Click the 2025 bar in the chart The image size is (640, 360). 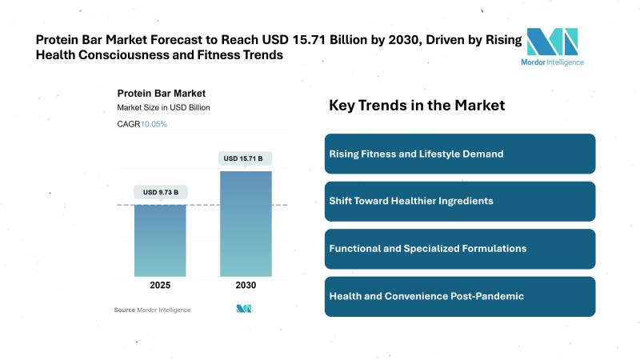pyautogui.click(x=160, y=241)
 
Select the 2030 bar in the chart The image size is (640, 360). pyautogui.click(x=246, y=224)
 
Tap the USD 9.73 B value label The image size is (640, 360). pyautogui.click(x=160, y=192)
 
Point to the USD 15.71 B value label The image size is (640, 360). pyautogui.click(x=246, y=158)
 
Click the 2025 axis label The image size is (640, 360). pyautogui.click(x=160, y=285)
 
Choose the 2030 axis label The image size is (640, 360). pyautogui.click(x=246, y=285)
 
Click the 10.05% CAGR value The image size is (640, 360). pyautogui.click(x=154, y=124)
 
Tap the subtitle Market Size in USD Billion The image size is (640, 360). pyautogui.click(x=163, y=107)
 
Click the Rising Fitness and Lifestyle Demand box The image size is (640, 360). pyautogui.click(x=460, y=154)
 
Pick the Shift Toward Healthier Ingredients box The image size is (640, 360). pyautogui.click(x=460, y=201)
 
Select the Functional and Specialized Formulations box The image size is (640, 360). pyautogui.click(x=460, y=249)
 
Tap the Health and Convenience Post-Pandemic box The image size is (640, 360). pyautogui.click(x=460, y=296)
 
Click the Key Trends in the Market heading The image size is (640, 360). pyautogui.click(x=417, y=106)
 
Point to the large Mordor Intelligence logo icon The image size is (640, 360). pyautogui.click(x=551, y=41)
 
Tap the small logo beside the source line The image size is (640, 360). pyautogui.click(x=244, y=309)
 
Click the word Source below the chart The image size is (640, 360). pyautogui.click(x=124, y=310)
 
